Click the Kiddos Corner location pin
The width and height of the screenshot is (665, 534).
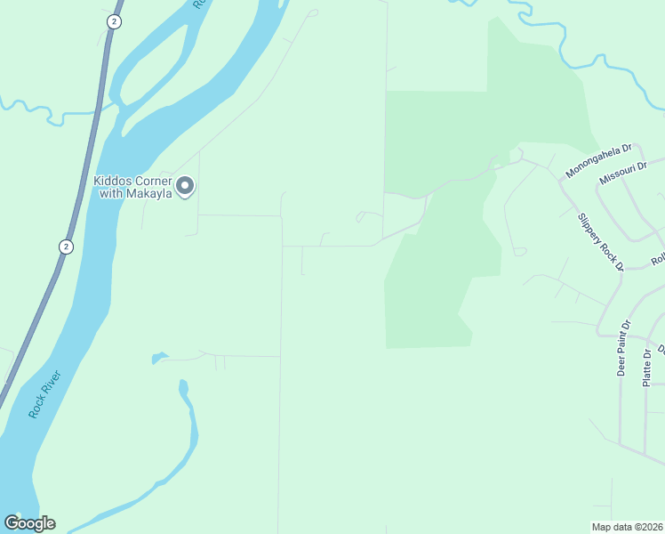coord(185,185)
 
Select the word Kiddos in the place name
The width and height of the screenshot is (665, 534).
coord(112,181)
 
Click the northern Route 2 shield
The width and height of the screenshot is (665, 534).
coord(113,20)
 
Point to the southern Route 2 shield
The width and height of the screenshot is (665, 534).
coord(66,246)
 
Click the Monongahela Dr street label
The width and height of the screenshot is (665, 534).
coord(597,161)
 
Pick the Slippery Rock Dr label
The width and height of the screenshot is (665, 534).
coord(601,240)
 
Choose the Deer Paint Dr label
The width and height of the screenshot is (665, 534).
coord(624,347)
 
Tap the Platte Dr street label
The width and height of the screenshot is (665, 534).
coord(647,366)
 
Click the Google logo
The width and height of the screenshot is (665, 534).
coord(29,522)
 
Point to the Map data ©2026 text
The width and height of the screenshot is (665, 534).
coord(627,527)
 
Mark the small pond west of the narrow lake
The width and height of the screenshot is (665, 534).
coord(158,359)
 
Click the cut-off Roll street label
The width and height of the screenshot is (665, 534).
coord(658,260)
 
